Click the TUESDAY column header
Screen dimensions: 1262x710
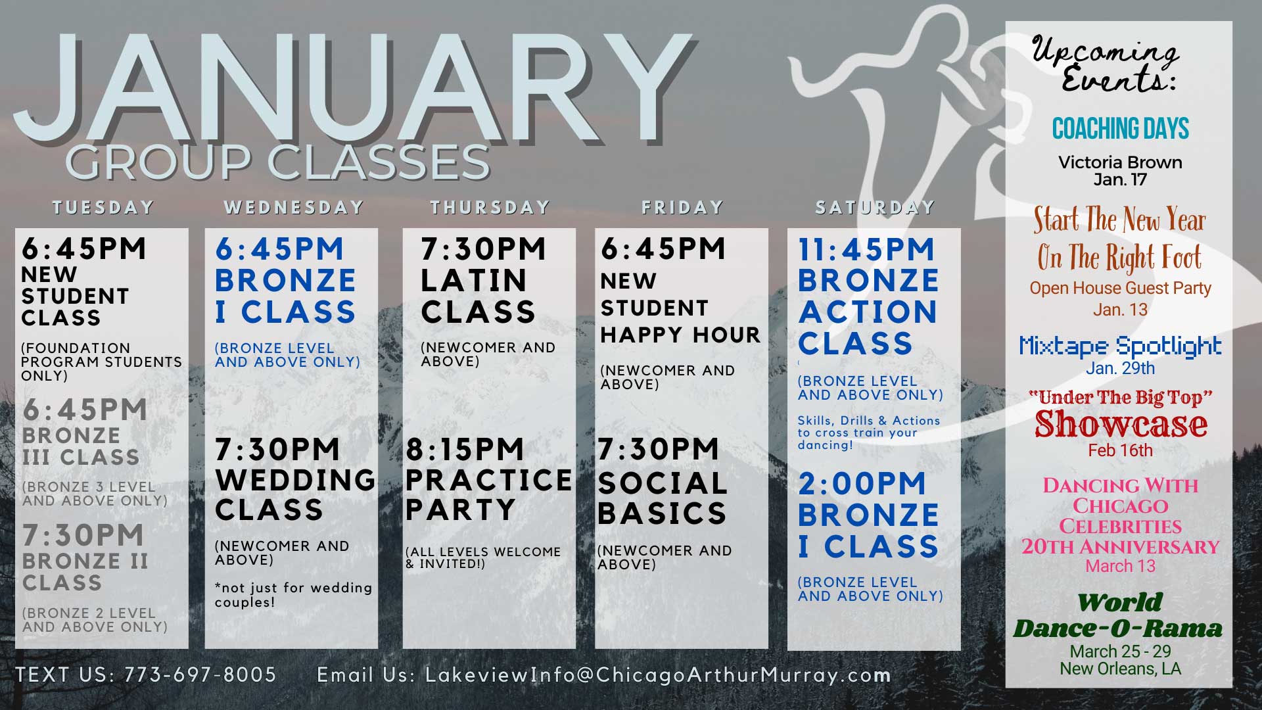pos(103,208)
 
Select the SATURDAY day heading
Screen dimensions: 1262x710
pos(875,208)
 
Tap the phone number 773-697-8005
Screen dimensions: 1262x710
pos(200,674)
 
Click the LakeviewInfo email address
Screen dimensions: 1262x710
pos(658,675)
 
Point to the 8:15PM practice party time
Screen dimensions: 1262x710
pos(465,450)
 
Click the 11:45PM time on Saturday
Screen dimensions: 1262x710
pos(866,249)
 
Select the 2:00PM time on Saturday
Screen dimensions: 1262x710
pos(862,484)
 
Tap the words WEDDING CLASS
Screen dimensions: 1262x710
pos(295,494)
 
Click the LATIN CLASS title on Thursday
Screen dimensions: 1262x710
pos(478,296)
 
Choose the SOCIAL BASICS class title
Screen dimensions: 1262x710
pos(662,498)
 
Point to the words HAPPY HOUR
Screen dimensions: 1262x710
pos(680,335)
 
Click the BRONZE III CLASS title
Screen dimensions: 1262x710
pos(81,446)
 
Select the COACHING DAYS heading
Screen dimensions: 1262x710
pos(1120,129)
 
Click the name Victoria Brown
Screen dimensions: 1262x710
pos(1120,162)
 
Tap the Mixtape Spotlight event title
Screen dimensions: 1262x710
pos(1120,346)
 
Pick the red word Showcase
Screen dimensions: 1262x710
pos(1121,425)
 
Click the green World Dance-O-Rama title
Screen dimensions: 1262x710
pos(1118,615)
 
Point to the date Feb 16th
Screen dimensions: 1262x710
pos(1120,450)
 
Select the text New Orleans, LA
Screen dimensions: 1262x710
pos(1120,669)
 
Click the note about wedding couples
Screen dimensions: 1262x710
pos(293,595)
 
